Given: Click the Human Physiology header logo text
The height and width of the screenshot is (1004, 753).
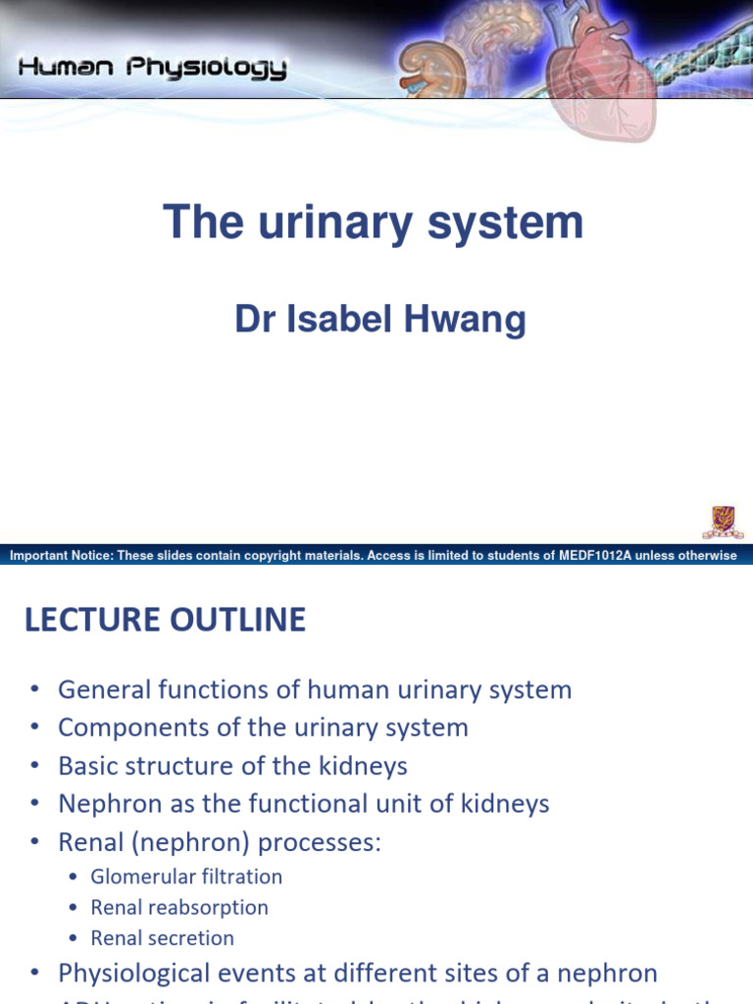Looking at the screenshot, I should click(x=153, y=68).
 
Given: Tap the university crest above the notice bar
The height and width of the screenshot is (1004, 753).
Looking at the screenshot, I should click(x=722, y=521).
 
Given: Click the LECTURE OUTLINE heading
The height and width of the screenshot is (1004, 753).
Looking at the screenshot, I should click(x=165, y=620).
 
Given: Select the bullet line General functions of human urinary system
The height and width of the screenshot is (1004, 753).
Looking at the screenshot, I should click(x=314, y=689).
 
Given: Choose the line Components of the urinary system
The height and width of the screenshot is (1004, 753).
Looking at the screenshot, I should click(x=263, y=728).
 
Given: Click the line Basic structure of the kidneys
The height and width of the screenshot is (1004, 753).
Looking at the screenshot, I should click(x=232, y=766).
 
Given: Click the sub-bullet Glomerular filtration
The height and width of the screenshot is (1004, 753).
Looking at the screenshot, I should click(x=186, y=877).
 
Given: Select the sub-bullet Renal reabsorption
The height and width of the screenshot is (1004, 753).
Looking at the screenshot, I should click(x=179, y=907).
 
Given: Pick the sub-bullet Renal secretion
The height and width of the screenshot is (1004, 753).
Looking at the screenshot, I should click(x=163, y=937).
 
